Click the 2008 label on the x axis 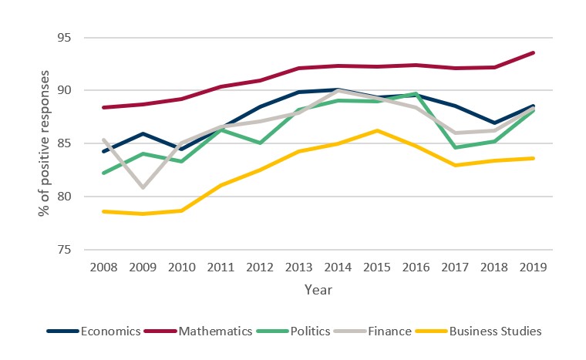coord(103,267)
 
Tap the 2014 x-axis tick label coord(338,267)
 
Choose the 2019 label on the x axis coord(534,267)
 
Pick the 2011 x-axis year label coord(221,267)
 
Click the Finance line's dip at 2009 coord(142,187)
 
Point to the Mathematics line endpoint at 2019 coord(534,52)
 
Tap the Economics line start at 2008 coord(103,151)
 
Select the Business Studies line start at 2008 coord(103,211)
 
